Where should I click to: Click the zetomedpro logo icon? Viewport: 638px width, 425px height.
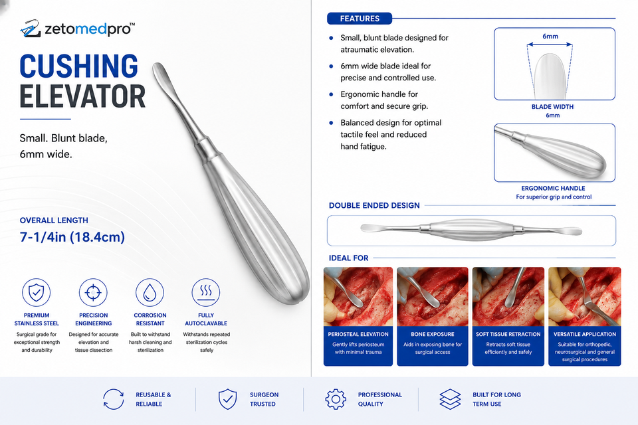(x=30, y=29)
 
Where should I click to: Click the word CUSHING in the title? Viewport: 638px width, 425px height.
(x=79, y=66)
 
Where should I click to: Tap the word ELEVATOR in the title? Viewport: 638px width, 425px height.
(x=82, y=96)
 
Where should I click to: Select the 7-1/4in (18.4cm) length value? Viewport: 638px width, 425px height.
(x=72, y=236)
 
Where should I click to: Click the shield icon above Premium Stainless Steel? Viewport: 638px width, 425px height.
(x=36, y=292)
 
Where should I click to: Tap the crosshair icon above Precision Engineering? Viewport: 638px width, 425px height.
(x=93, y=292)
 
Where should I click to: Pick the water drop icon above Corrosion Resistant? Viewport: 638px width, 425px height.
(x=150, y=292)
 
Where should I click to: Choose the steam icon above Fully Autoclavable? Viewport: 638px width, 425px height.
(x=206, y=292)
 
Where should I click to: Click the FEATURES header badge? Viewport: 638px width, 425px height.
(x=360, y=19)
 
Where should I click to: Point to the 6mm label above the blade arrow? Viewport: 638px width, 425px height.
(x=550, y=37)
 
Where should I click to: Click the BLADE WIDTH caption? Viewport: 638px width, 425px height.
(x=552, y=106)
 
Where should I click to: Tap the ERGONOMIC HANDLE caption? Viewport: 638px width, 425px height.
(x=554, y=189)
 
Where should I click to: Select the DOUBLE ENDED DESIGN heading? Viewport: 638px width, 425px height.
(x=374, y=205)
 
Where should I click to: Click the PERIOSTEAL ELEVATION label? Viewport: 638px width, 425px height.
(x=358, y=334)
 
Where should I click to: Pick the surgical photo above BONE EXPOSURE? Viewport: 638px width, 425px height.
(x=432, y=296)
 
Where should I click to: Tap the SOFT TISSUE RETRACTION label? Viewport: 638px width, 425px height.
(x=508, y=334)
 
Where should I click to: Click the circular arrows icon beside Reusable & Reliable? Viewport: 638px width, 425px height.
(x=114, y=399)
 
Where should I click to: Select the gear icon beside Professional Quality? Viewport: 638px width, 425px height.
(x=336, y=399)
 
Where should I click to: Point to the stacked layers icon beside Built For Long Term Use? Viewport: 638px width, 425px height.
(x=450, y=399)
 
